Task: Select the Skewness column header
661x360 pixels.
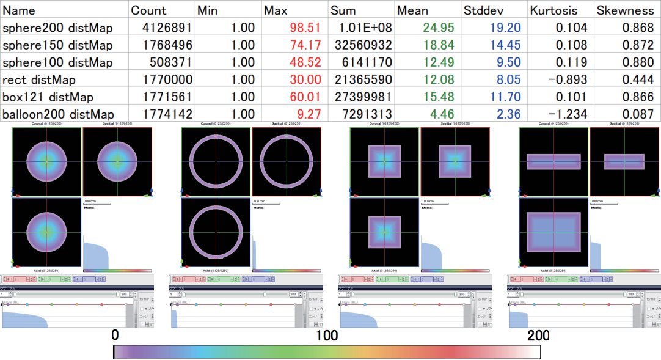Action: (x=625, y=10)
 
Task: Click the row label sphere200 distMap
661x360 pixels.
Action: (x=58, y=28)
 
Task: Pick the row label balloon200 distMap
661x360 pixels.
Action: (x=58, y=114)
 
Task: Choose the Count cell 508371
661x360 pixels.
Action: (x=172, y=62)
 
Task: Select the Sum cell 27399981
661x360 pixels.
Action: (x=362, y=97)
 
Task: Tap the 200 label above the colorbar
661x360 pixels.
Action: (x=538, y=336)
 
